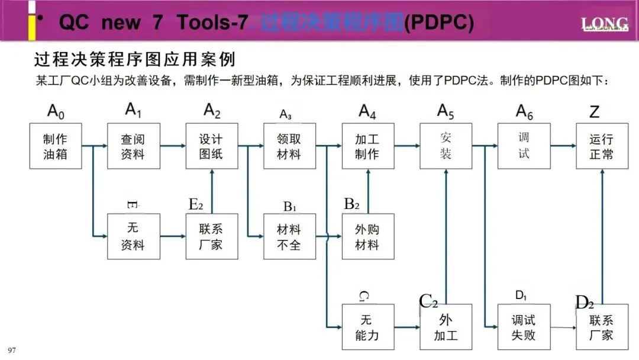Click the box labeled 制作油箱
click(x=56, y=146)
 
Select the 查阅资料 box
click(x=133, y=146)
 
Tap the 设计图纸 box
click(x=212, y=146)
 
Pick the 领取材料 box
click(x=290, y=146)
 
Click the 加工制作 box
click(x=368, y=146)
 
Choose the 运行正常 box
click(x=602, y=146)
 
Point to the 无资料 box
click(x=133, y=236)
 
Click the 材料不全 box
click(x=290, y=236)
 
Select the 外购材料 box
click(x=368, y=236)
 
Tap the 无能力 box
click(x=368, y=327)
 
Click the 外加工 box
click(x=446, y=327)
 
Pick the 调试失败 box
click(x=524, y=327)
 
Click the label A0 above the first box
click(x=55, y=111)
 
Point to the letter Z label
click(x=595, y=111)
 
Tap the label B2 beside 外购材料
click(x=352, y=204)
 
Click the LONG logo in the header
click(x=604, y=24)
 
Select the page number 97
click(x=12, y=351)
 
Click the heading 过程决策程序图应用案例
click(x=135, y=60)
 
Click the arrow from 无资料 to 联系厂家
click(x=173, y=236)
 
